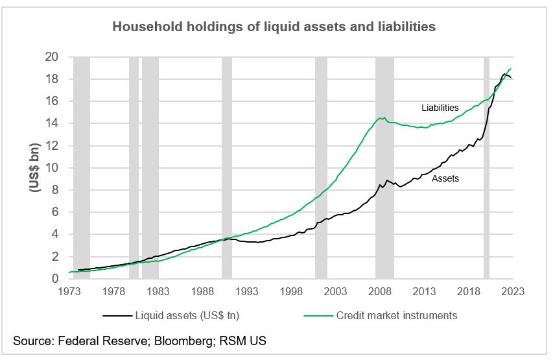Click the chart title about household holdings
(274, 27)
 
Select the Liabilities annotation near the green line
(440, 108)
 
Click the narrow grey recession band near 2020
(486, 169)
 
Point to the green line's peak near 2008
(384, 118)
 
